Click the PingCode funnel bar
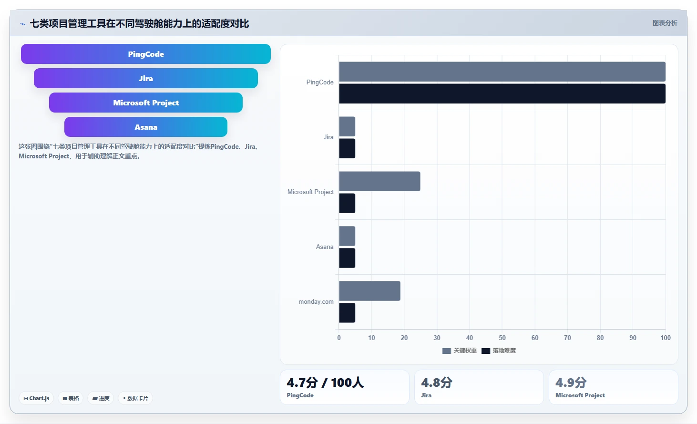click(145, 54)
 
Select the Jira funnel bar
click(145, 78)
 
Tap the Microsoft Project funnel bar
click(145, 103)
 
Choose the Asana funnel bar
click(145, 127)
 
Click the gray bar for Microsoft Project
click(379, 181)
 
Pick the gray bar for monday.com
click(369, 291)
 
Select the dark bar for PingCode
click(502, 93)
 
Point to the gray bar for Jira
click(347, 126)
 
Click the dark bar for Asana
click(347, 258)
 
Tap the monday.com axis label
click(316, 301)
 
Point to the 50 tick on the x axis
click(502, 338)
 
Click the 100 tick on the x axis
click(666, 338)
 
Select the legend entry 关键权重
click(460, 351)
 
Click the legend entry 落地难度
click(499, 351)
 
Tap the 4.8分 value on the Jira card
click(437, 383)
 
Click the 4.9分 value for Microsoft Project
click(571, 383)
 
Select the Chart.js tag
click(36, 398)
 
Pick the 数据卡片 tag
click(135, 398)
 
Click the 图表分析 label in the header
click(665, 23)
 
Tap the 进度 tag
click(101, 398)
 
